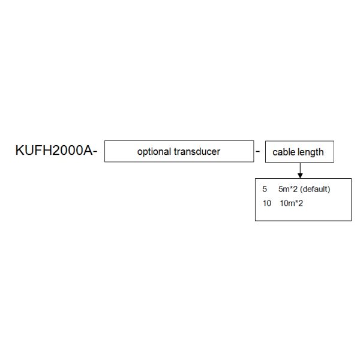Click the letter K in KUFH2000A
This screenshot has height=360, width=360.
20,151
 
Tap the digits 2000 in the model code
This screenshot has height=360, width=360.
68,151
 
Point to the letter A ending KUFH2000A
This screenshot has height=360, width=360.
88,151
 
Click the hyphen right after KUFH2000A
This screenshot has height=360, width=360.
95,152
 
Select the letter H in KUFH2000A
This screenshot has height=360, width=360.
48,151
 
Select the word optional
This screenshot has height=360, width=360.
154,152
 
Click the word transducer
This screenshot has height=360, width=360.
197,152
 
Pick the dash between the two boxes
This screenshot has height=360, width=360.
258,152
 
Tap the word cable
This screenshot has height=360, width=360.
283,152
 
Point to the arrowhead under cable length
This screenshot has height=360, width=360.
300,176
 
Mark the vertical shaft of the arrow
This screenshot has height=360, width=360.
300,168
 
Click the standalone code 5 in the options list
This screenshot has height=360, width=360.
265,189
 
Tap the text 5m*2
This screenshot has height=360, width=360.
288,189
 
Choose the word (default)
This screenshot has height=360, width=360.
315,190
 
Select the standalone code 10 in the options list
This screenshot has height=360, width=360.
267,203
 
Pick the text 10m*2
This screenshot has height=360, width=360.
292,203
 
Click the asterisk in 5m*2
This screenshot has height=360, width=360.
291,188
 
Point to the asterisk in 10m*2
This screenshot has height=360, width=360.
296,202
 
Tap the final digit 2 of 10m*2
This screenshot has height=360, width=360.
301,203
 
